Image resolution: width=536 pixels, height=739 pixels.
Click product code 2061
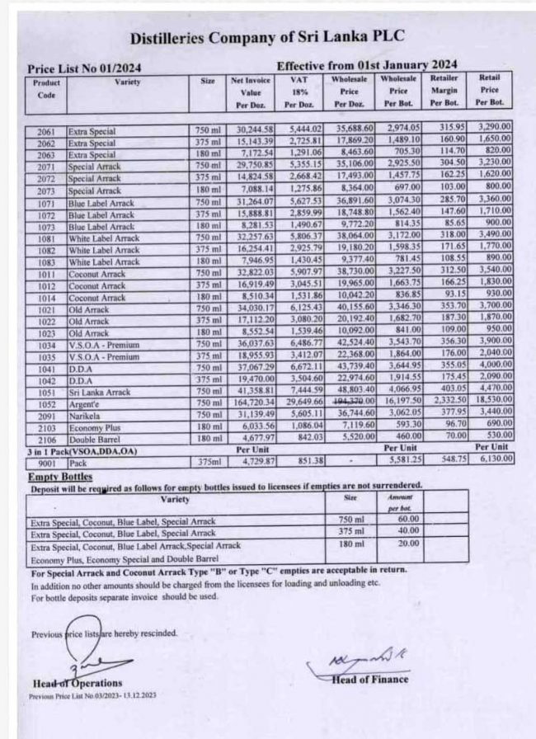[x=46, y=131]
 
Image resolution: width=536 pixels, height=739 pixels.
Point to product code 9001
[x=46, y=464]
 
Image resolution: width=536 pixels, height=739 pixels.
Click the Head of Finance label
[x=369, y=679]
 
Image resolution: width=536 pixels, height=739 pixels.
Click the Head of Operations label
[x=78, y=683]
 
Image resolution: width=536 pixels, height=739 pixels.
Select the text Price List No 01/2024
[x=73, y=68]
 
